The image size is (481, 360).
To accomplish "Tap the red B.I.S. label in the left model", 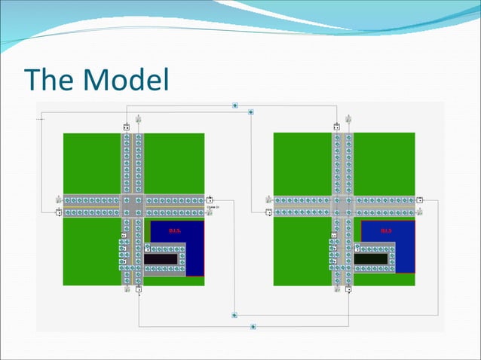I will pos(175,230).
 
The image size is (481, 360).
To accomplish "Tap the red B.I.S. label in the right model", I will pos(386,230).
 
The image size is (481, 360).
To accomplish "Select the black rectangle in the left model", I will pos(162,258).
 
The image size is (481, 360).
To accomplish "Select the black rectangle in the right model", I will pos(372,258).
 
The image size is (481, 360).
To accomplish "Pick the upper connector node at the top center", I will pos(235,105).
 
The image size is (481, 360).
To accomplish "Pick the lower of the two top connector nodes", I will pos(251,112).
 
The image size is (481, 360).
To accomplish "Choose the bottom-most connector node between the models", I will pos(253,327).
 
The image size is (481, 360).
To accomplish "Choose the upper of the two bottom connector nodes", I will pos(235,314).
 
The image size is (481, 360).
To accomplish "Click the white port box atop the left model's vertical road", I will pos(126,127).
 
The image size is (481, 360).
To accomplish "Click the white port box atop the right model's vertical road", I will pos(336,127).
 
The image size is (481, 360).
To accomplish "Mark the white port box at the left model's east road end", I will pos(210,200).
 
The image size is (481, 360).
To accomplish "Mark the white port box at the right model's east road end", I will pos(420,200).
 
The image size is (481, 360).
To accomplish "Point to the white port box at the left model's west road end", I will pos(59,212).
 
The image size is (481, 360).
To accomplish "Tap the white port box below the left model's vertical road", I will pos(139,288).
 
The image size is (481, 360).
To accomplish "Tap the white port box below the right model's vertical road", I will pos(349,288).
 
